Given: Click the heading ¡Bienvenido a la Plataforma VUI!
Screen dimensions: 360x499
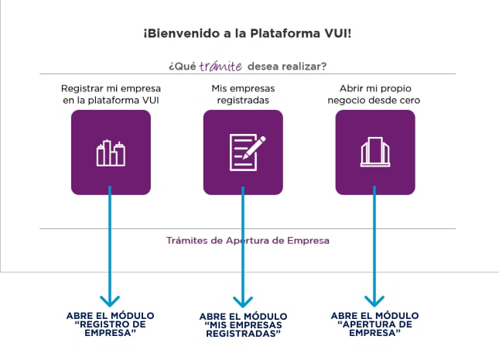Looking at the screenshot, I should pyautogui.click(x=248, y=35).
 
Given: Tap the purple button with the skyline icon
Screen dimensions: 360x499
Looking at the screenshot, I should pyautogui.click(x=111, y=153).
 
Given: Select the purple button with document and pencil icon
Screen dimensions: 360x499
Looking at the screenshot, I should pyautogui.click(x=243, y=153).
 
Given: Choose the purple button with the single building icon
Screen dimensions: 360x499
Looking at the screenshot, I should pyautogui.click(x=375, y=153).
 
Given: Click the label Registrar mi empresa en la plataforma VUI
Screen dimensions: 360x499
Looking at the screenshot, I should pyautogui.click(x=111, y=94).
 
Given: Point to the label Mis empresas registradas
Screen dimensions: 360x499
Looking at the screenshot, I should pyautogui.click(x=243, y=94).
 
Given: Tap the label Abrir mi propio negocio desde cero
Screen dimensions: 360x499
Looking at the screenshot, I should pyautogui.click(x=375, y=94).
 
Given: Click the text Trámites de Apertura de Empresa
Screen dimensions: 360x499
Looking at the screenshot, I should pyautogui.click(x=248, y=240).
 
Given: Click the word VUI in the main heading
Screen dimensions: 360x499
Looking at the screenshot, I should pyautogui.click(x=340, y=35).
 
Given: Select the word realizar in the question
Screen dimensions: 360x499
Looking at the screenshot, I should pyautogui.click(x=304, y=67).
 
